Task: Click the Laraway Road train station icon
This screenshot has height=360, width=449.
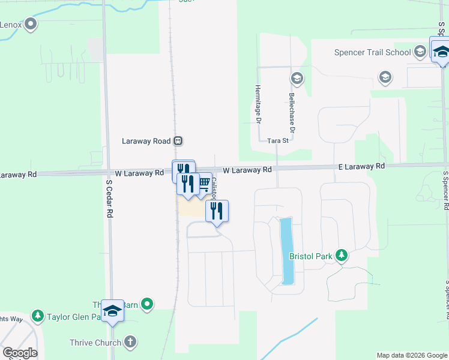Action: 178,141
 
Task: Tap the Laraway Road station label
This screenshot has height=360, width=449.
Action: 146,141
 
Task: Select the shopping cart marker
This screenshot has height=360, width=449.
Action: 203,182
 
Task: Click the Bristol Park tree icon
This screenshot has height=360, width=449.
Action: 342,256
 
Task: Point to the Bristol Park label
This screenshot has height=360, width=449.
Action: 310,256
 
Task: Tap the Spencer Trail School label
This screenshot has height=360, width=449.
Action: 372,52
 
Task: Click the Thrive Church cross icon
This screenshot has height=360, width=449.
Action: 130,343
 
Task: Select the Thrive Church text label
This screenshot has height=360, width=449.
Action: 94,343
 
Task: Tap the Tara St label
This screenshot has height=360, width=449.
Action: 278,140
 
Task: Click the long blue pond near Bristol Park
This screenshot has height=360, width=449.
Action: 286,251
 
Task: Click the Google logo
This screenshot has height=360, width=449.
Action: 19,353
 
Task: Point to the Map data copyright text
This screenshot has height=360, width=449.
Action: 411,355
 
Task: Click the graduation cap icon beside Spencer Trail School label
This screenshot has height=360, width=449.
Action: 420,52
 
